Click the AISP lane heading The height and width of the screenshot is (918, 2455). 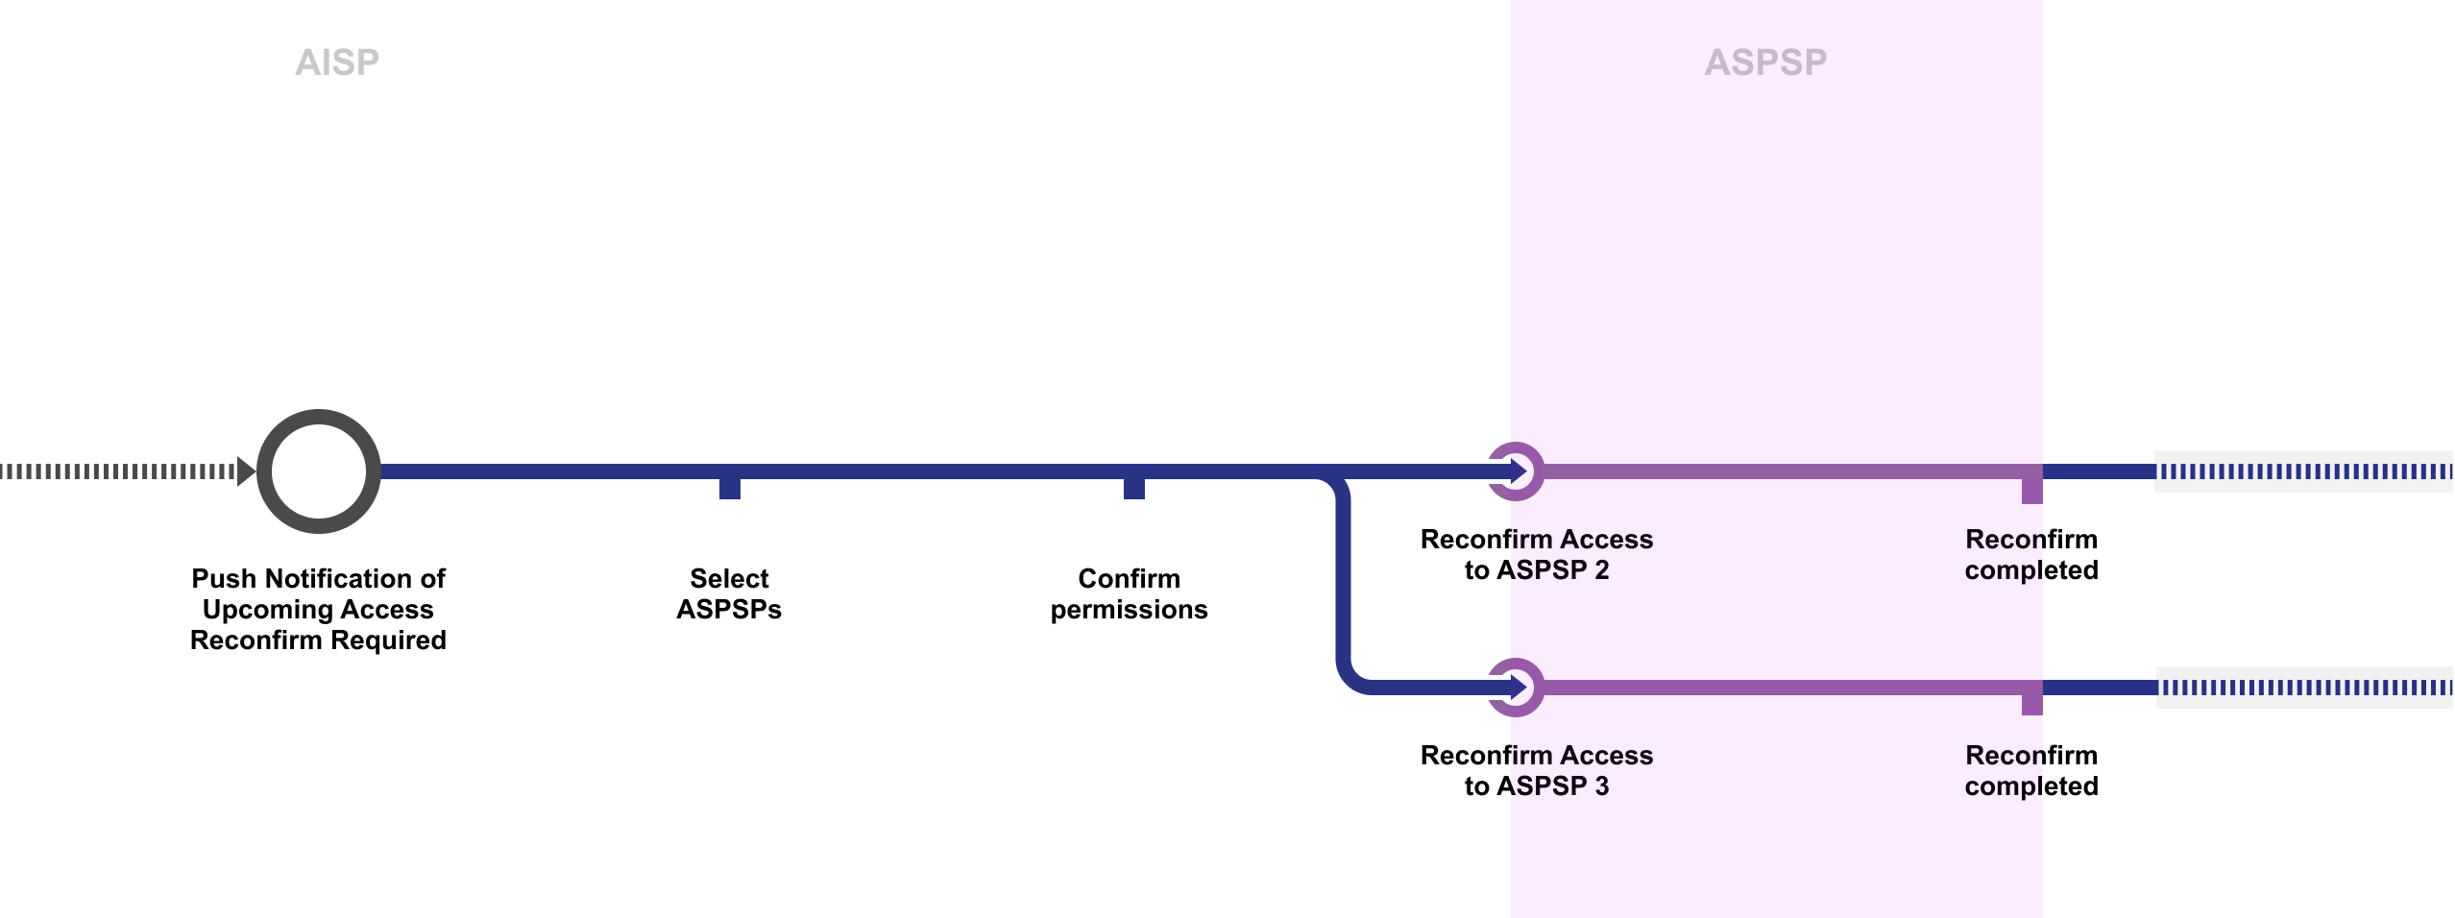pos(337,62)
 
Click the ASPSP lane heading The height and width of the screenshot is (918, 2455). pos(1765,62)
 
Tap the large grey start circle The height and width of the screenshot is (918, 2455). pos(319,471)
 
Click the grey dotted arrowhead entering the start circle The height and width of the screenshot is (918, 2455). pos(246,471)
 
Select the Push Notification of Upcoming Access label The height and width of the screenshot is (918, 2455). pos(318,609)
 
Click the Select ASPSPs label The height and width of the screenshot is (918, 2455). pos(729,593)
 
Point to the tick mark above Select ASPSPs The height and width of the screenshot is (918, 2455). pos(730,487)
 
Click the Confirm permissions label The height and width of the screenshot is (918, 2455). pos(1129,593)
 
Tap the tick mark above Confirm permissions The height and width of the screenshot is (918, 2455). pos(1134,487)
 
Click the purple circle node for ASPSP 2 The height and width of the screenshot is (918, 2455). pos(1516,471)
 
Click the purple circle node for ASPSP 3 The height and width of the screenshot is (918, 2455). pos(1516,688)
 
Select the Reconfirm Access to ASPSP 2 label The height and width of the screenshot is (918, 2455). pos(1537,554)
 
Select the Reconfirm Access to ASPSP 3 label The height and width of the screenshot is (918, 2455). pos(1537,770)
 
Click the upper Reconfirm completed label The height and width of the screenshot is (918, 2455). pos(2031,554)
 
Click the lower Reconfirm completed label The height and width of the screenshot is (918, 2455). pos(2031,770)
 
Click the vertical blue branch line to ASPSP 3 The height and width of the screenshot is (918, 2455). pos(1344,576)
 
